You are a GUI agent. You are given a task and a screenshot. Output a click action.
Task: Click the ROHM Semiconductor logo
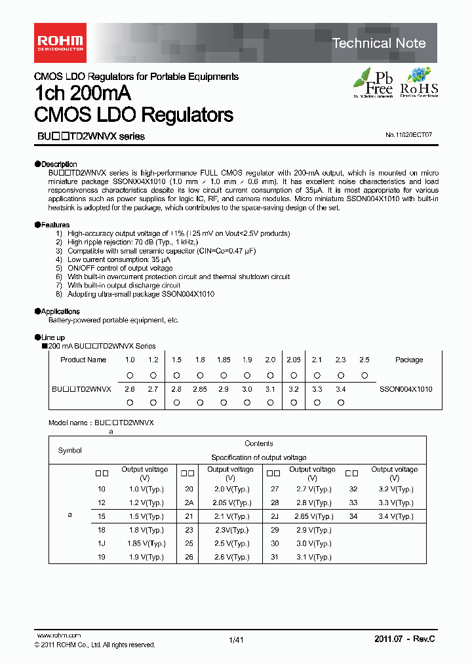coord(59,43)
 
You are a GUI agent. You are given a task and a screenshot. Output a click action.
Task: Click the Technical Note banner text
coord(379,43)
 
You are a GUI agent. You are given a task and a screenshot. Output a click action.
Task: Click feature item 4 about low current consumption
coord(119,259)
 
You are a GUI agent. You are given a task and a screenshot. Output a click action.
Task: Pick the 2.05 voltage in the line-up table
coord(293,360)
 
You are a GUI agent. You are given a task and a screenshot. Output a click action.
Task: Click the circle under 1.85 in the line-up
coord(224,375)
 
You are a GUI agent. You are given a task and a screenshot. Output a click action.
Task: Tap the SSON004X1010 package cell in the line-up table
coord(406,388)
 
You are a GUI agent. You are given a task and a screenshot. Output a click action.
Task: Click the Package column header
coord(409,360)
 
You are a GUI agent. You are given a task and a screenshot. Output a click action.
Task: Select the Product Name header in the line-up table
coord(83,360)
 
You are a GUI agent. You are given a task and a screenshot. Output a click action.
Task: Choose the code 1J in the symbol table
coord(102,543)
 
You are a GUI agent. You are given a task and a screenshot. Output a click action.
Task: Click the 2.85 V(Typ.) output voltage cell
coord(312,516)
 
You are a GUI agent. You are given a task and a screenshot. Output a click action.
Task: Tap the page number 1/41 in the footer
coord(236,640)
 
